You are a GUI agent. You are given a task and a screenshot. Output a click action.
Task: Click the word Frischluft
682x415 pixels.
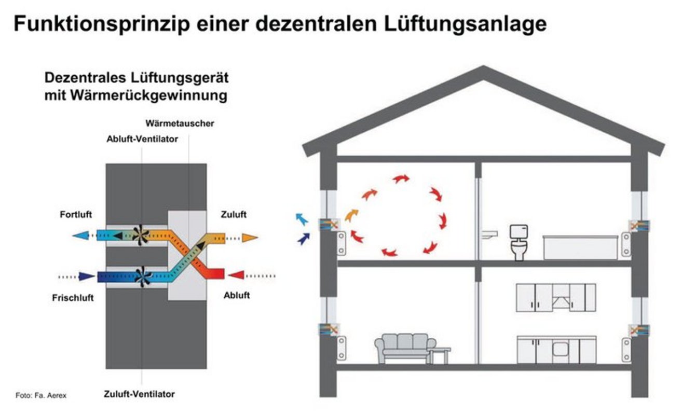coord(73,298)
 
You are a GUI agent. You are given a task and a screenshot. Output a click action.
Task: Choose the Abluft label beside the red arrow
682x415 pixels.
coord(237,296)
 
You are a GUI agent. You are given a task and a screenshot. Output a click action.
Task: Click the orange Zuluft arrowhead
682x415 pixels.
coord(250,238)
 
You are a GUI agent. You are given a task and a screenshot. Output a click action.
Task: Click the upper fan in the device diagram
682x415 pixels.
coord(140,235)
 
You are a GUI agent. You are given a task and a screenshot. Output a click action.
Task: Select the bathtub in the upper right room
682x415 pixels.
coord(581,247)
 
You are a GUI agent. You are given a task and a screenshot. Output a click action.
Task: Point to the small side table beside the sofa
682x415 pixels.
coord(440,354)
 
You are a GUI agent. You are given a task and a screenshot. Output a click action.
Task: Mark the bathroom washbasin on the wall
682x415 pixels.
coord(489,234)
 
